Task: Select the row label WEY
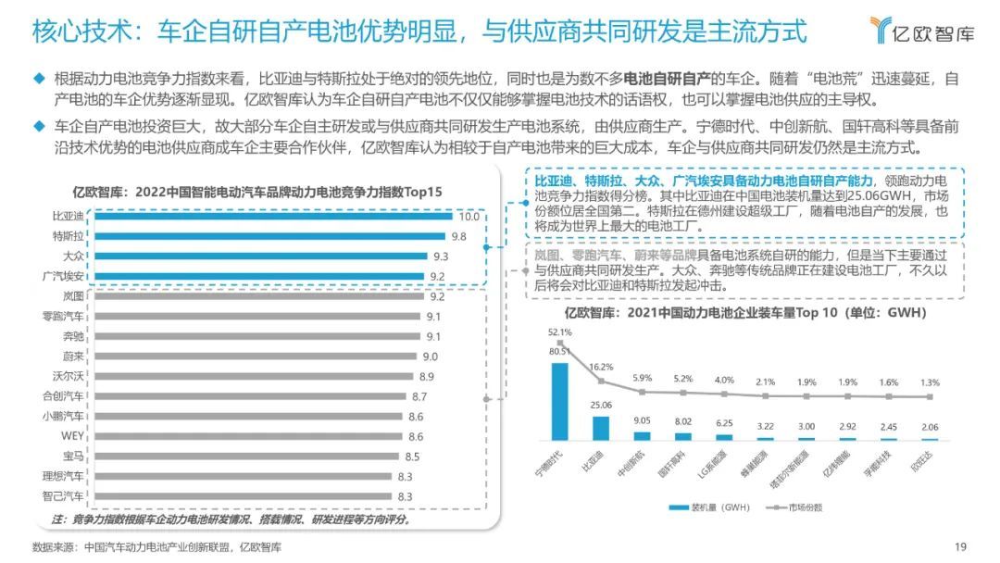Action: point(72,436)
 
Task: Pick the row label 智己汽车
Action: point(62,496)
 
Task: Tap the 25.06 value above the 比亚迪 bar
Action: point(603,405)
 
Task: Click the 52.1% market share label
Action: point(559,332)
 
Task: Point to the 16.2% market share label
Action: point(601,367)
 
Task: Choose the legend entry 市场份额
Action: point(797,507)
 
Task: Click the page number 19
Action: point(960,546)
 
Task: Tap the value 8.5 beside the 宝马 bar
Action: point(411,457)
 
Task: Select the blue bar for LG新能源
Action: point(724,436)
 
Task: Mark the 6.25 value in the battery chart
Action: point(724,423)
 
